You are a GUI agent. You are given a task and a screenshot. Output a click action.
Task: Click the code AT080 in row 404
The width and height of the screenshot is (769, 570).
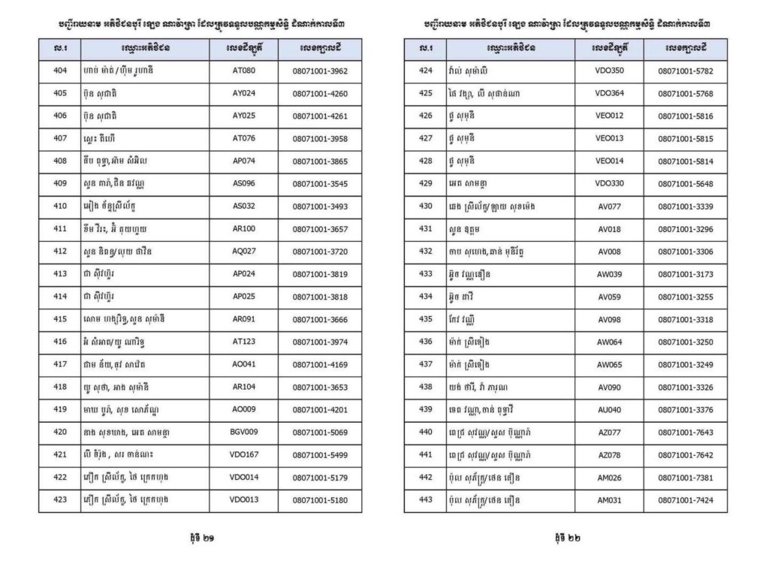[244, 71]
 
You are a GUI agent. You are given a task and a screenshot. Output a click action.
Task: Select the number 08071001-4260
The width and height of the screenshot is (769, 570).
[320, 94]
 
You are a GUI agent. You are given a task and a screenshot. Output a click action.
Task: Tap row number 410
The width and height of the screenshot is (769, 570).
[60, 207]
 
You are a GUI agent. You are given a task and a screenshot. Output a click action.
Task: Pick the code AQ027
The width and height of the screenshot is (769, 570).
[244, 252]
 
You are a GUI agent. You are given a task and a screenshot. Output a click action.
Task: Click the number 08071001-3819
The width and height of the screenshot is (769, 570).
[320, 274]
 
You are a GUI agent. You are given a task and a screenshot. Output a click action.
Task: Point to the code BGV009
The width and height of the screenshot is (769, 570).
[244, 432]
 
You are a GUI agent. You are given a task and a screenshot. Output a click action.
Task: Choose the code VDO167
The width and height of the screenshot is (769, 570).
[244, 455]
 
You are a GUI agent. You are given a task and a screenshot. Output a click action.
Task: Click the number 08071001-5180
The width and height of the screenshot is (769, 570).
[320, 500]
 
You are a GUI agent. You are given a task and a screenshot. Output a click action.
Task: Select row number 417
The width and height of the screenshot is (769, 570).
[60, 364]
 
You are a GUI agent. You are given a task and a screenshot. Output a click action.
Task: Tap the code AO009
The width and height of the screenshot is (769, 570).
[244, 409]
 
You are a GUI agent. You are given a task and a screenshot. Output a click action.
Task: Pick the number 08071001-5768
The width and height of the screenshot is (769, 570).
[685, 94]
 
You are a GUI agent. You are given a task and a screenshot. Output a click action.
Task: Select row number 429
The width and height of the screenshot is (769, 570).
[426, 184]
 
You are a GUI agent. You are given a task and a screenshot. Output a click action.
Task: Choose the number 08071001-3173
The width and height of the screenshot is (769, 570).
[685, 274]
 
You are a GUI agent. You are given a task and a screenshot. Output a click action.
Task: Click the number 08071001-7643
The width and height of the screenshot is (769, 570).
[685, 432]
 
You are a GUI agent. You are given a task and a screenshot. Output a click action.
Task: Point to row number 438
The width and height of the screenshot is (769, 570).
[426, 387]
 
